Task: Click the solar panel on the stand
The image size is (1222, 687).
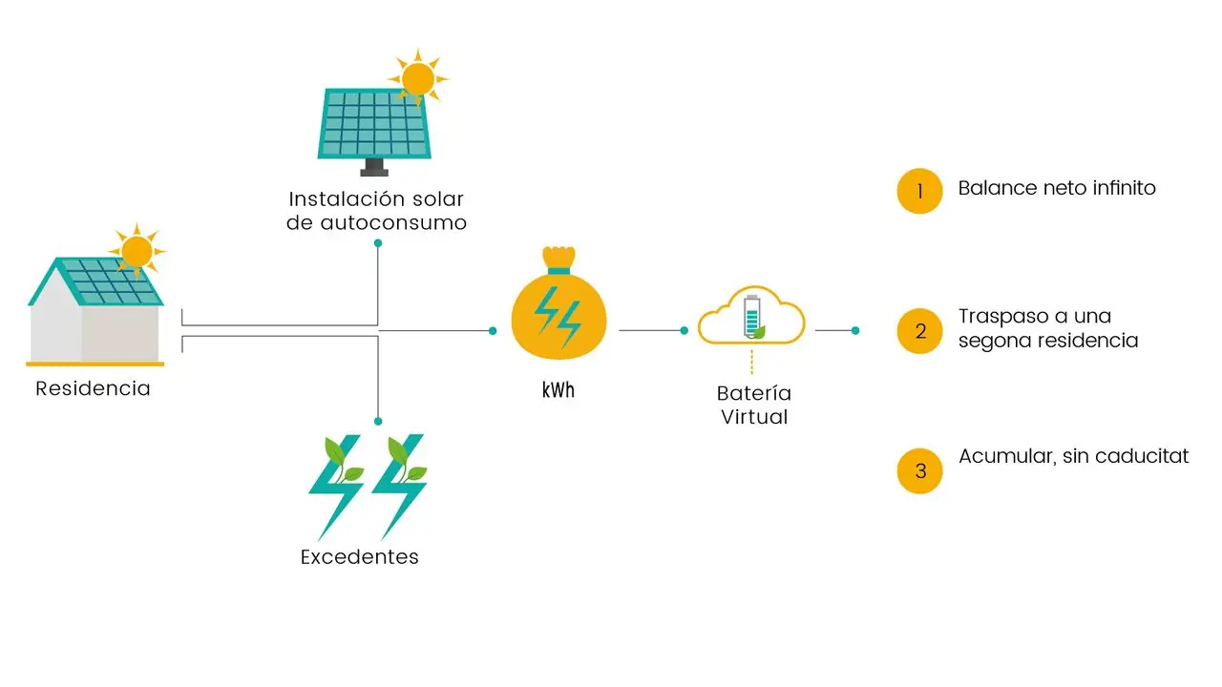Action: pyautogui.click(x=374, y=124)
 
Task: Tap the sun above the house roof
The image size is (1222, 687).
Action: pyautogui.click(x=137, y=250)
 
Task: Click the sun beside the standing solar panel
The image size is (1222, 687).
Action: pyautogui.click(x=418, y=76)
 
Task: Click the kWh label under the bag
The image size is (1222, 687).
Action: pyautogui.click(x=558, y=391)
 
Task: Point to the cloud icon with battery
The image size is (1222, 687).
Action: pyautogui.click(x=751, y=316)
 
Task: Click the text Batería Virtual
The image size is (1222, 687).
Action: pyautogui.click(x=754, y=405)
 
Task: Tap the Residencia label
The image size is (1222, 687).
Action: pyautogui.click(x=93, y=389)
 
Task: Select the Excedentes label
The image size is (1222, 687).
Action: pyautogui.click(x=359, y=557)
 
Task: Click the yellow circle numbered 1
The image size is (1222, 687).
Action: pyautogui.click(x=919, y=191)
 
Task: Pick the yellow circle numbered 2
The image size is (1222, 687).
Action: pyautogui.click(x=919, y=331)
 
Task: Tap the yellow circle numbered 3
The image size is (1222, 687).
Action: pyautogui.click(x=919, y=470)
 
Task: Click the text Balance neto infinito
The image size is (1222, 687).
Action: pyautogui.click(x=1057, y=188)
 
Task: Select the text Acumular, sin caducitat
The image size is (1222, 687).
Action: pyautogui.click(x=1073, y=456)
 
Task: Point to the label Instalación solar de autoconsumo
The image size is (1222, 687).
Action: pyautogui.click(x=376, y=211)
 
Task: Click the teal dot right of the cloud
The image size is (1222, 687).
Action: pyautogui.click(x=855, y=330)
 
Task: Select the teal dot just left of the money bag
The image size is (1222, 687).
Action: pyautogui.click(x=493, y=330)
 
